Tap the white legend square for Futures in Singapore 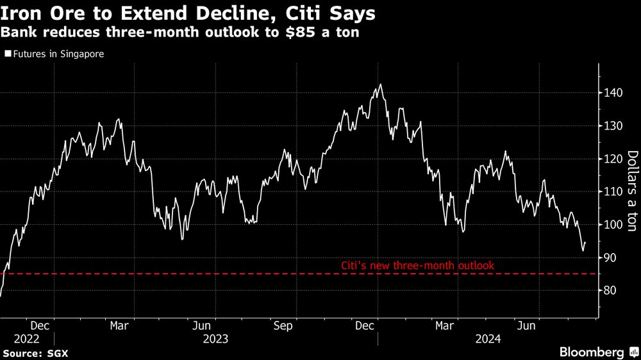(x=8, y=54)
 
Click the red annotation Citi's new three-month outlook (x=417, y=265)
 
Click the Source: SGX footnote (x=36, y=353)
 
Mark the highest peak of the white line (x=381, y=85)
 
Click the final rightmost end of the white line (x=585, y=243)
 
